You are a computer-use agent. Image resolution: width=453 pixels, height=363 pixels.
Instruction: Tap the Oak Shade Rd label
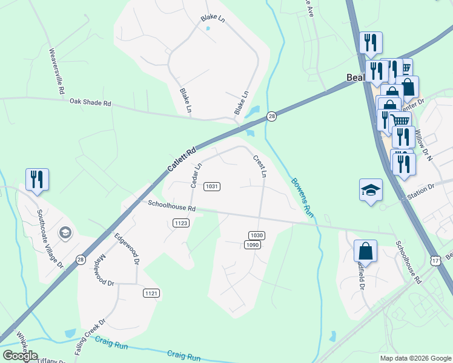point(91,103)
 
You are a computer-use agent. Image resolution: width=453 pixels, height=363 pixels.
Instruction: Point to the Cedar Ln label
point(196,174)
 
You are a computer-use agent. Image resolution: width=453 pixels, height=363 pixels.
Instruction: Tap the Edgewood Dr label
point(126,249)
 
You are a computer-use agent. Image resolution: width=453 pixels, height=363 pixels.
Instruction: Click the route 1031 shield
point(211,186)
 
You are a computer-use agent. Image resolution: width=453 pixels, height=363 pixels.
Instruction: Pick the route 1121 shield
point(151,293)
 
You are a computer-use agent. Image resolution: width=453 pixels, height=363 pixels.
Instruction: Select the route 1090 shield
point(253,244)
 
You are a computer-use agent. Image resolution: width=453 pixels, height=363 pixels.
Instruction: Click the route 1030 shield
point(257,235)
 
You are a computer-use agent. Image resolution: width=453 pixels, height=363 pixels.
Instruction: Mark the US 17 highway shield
point(435,260)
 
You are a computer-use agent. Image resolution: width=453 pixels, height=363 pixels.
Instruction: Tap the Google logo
point(20,356)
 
